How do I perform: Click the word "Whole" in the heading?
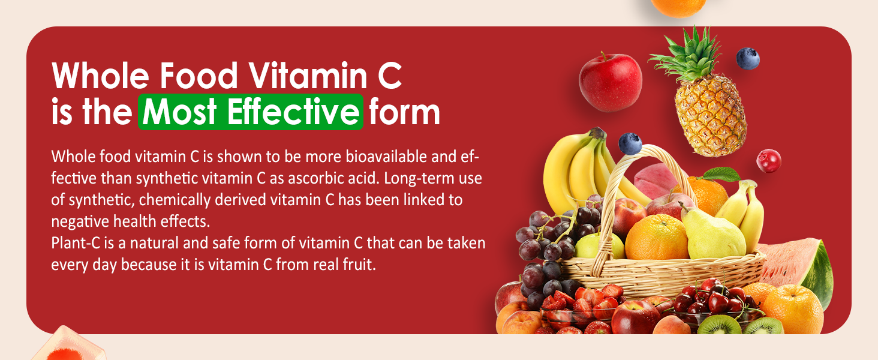pyautogui.click(x=96, y=77)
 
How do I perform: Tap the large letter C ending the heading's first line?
pyautogui.click(x=388, y=77)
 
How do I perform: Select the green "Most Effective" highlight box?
pyautogui.click(x=250, y=112)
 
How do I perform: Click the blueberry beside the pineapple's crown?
pyautogui.click(x=747, y=59)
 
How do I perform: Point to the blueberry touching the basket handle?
pyautogui.click(x=630, y=144)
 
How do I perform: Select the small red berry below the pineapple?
pyautogui.click(x=768, y=161)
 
